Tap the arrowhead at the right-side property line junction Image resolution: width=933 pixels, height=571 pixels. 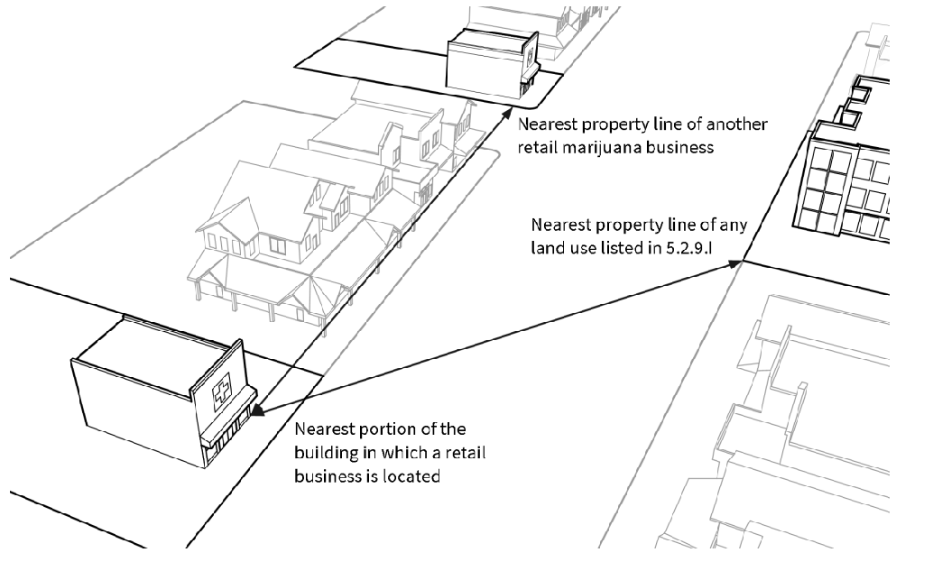point(742,263)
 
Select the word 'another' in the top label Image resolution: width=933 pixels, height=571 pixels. point(741,123)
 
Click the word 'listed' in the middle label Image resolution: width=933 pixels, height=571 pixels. point(622,246)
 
